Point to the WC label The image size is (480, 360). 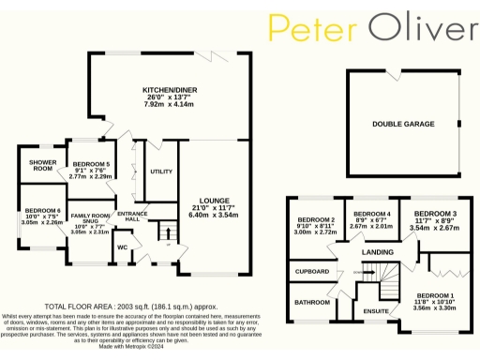coord(122,247)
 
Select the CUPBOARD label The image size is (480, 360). coord(311,272)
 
